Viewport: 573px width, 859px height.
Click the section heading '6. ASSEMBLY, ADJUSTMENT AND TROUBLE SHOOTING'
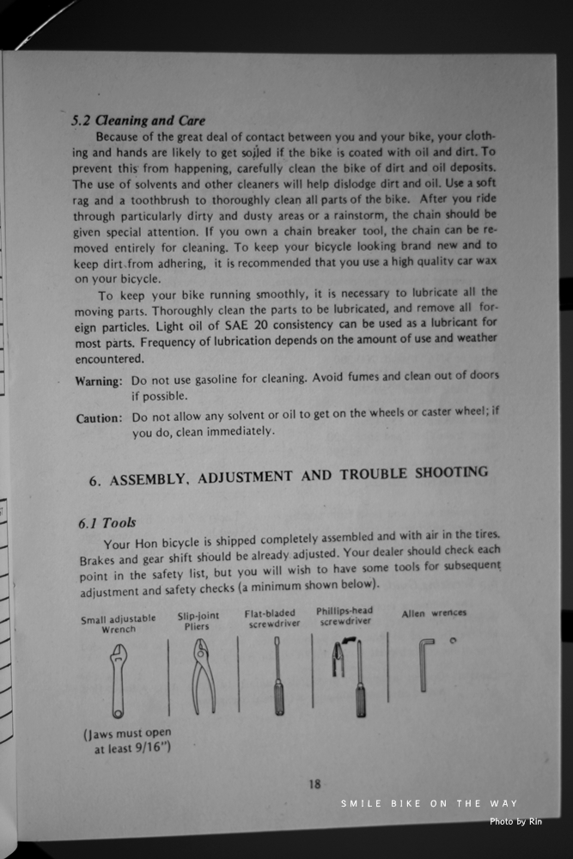coord(288,476)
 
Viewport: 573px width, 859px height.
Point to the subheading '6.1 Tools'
coord(107,522)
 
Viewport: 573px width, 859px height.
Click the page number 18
coord(314,783)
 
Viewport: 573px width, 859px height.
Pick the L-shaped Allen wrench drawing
coord(424,663)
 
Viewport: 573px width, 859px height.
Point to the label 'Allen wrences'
coord(434,612)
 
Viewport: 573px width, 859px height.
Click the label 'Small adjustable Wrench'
coord(119,623)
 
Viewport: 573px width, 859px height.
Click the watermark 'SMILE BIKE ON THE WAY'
coord(429,803)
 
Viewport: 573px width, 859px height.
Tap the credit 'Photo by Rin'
coord(515,822)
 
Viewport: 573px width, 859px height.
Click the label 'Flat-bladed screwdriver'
coord(272,618)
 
